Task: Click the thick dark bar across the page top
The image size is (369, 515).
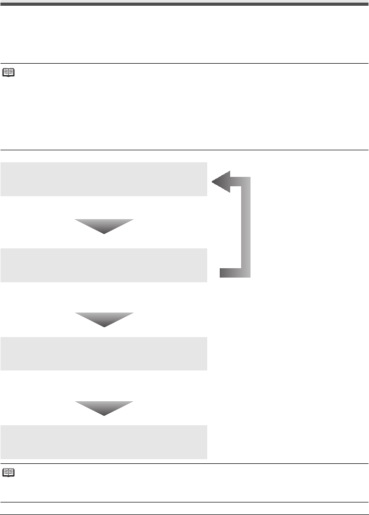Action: [184, 4]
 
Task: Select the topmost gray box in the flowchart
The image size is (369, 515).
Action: [104, 179]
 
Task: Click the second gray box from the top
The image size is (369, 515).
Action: [104, 265]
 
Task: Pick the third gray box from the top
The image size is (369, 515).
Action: [104, 353]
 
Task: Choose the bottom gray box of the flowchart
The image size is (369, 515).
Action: [104, 442]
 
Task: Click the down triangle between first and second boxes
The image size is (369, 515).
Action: [104, 225]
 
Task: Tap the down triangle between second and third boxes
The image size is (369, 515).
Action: [104, 318]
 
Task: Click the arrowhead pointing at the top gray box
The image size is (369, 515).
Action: [220, 183]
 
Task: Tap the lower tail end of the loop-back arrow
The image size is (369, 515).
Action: [223, 272]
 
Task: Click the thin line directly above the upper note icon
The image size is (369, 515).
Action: [184, 64]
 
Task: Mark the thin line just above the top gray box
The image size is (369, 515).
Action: [184, 150]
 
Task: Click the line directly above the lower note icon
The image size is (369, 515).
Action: [184, 463]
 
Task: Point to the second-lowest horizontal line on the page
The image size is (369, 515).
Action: [184, 502]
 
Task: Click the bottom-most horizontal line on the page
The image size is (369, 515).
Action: [184, 514]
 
